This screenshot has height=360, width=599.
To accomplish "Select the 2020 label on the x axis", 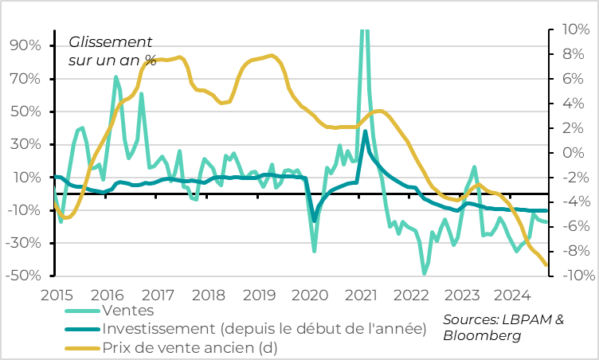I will tap(310, 294).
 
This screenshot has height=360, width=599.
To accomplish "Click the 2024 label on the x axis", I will tap(513, 294).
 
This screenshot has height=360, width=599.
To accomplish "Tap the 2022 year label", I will tap(412, 294).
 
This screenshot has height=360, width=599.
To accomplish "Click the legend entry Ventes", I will tap(127, 311).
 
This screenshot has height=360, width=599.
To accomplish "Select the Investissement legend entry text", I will tap(263, 329).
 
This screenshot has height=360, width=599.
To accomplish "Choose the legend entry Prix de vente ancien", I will tap(190, 347).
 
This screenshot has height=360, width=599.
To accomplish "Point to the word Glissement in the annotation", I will tap(110, 41).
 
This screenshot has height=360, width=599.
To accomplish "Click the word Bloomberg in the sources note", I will tap(482, 336).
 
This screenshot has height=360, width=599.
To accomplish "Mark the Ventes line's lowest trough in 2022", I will tap(425, 273).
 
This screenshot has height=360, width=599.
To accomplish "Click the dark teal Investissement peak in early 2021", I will tap(366, 131).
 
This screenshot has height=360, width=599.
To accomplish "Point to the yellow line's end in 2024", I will tap(546, 265).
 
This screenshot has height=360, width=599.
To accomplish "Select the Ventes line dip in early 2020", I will tap(314, 250).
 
